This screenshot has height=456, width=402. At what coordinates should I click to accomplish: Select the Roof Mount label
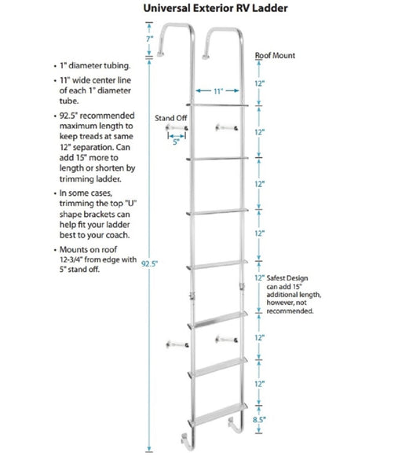[275, 57]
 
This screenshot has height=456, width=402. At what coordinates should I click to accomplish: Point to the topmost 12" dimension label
[269, 83]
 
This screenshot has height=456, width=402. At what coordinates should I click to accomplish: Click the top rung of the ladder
[216, 104]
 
